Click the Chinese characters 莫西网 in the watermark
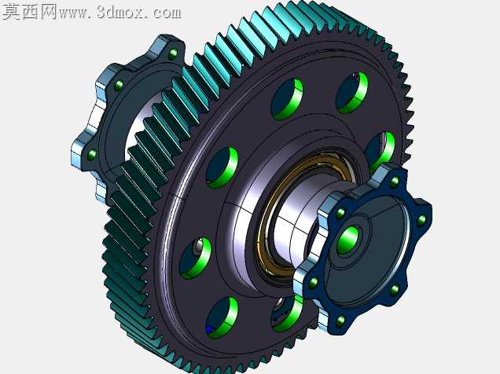29,12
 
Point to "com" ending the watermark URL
167,13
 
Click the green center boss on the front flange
349,239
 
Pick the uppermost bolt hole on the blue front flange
395,182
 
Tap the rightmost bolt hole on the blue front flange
421,220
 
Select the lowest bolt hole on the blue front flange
340,321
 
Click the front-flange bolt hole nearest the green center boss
340,213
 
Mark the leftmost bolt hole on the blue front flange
314,283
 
